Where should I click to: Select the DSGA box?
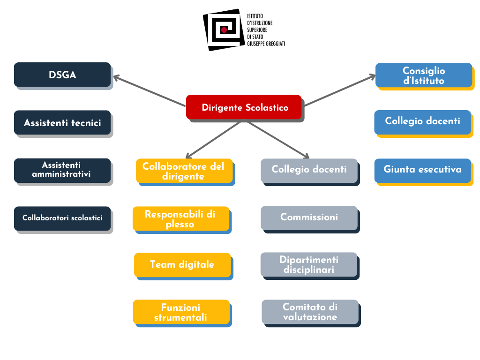click(62, 75)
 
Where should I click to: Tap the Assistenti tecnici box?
click(62, 123)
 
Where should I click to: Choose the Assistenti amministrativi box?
click(62, 170)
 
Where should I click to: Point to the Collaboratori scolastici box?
click(62, 218)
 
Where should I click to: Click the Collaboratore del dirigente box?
click(184, 171)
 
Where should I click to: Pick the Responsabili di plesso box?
click(180, 219)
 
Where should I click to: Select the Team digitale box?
click(182, 265)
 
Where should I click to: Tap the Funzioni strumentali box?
click(181, 312)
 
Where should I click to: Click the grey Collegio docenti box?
click(309, 170)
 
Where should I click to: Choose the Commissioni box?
click(309, 217)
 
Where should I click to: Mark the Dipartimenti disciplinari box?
click(309, 264)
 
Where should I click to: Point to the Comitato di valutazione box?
click(310, 312)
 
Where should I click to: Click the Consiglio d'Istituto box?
click(424, 75)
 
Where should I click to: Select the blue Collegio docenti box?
click(423, 121)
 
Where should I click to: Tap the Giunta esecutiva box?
click(423, 170)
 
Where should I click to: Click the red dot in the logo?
click(224, 30)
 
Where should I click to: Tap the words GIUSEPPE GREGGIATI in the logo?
click(266, 44)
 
